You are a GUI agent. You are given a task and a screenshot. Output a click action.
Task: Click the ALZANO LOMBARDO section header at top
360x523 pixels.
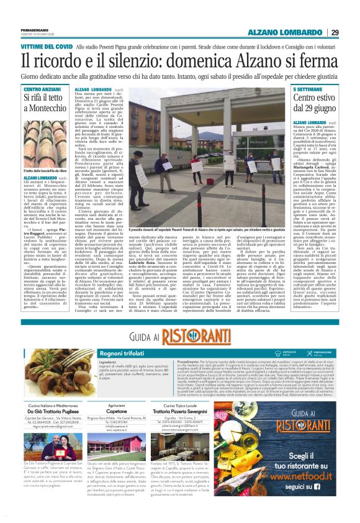[x=287, y=32]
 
